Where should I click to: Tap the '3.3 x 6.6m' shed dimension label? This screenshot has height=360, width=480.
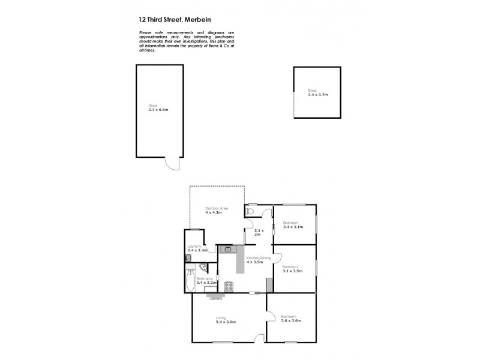(x=158, y=110)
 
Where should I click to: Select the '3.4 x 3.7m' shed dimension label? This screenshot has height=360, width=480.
(x=318, y=94)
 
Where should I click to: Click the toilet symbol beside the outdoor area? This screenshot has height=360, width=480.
(x=250, y=211)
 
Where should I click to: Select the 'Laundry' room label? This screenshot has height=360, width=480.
(x=194, y=246)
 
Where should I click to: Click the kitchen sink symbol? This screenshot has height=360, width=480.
(x=227, y=249)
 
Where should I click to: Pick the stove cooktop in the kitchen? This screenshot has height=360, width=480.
(x=229, y=286)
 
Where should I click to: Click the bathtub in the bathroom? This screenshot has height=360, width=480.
(x=190, y=281)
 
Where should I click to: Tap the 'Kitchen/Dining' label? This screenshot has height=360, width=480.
(x=259, y=257)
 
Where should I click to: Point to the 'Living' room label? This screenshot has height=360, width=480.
(x=221, y=318)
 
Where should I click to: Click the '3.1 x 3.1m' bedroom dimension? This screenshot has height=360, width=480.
(x=293, y=227)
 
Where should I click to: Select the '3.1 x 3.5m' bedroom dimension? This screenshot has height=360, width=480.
(x=292, y=271)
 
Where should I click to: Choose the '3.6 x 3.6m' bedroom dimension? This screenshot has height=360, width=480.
(x=291, y=321)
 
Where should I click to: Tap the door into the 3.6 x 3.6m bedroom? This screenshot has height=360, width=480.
(x=271, y=317)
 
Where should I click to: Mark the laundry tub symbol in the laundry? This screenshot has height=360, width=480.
(x=188, y=259)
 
